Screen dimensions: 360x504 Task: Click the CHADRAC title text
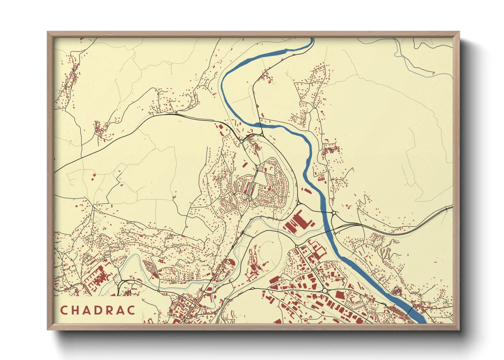point(98,310)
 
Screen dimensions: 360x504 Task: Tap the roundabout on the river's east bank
point(334,213)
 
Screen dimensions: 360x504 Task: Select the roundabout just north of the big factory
point(298,203)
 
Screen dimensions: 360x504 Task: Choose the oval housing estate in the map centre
point(269,185)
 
